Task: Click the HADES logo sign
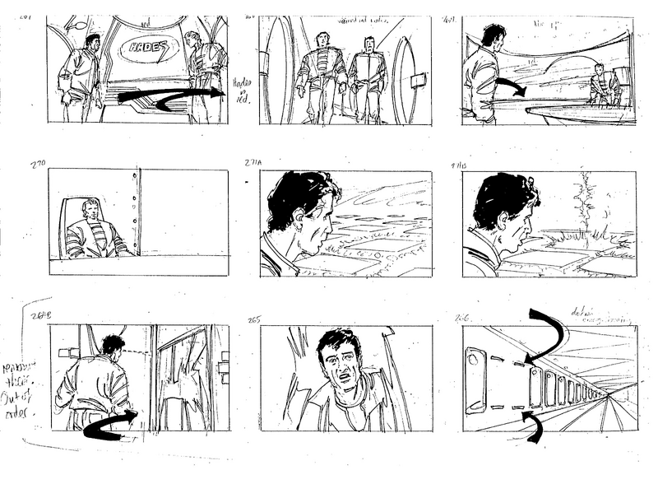(x=147, y=50)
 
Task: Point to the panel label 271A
(x=253, y=163)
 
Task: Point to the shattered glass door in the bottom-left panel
(x=183, y=383)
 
